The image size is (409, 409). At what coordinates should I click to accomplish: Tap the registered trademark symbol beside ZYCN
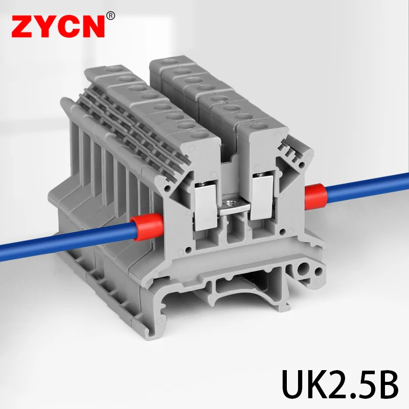111,16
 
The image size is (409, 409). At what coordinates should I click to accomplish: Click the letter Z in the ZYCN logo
21,27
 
